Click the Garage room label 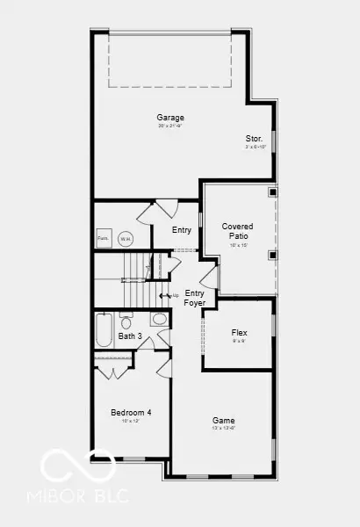point(170,117)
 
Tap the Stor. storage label point(254,138)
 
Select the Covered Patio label point(237,231)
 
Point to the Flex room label point(239,333)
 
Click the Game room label point(223,420)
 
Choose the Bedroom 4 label point(131,412)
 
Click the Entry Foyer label point(194,298)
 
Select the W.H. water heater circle point(126,238)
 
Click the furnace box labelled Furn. point(103,238)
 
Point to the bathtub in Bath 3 point(104,330)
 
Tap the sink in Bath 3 point(159,318)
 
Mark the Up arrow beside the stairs point(167,295)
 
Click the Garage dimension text point(170,126)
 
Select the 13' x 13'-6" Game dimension point(223,430)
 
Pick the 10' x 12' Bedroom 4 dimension point(131,422)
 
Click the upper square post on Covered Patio point(272,192)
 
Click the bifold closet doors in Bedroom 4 point(115,372)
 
